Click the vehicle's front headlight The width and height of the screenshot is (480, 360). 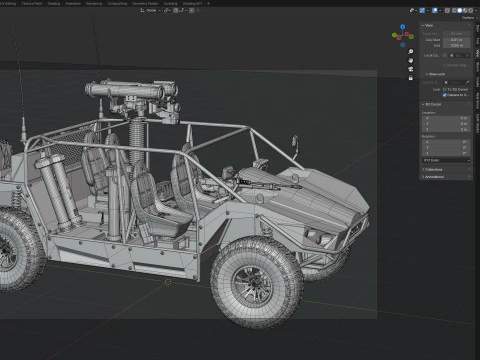313,235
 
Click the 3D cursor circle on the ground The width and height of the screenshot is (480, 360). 168,281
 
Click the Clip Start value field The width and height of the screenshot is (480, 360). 454,39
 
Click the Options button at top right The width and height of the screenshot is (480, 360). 467,16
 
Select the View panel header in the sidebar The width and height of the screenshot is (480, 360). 430,25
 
